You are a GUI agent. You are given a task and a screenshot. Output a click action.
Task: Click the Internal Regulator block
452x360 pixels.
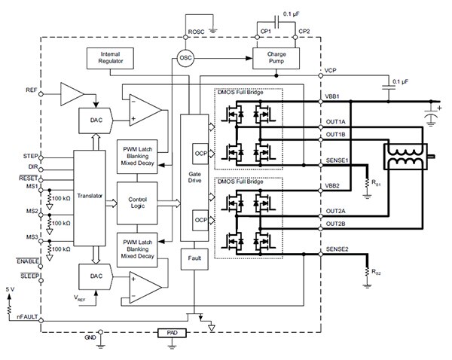(x=109, y=58)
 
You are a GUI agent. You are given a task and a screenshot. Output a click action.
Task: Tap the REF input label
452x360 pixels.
(x=31, y=90)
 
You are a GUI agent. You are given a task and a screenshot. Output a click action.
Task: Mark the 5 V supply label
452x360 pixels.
(x=9, y=289)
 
